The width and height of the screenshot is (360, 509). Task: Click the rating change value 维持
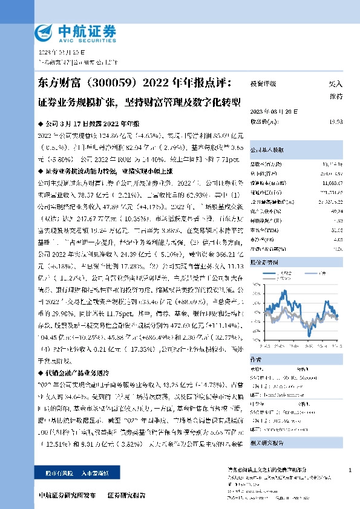tap(336, 96)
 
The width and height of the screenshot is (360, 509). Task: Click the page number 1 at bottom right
tap(350, 470)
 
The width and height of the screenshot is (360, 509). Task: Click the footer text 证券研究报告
tap(126, 494)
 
